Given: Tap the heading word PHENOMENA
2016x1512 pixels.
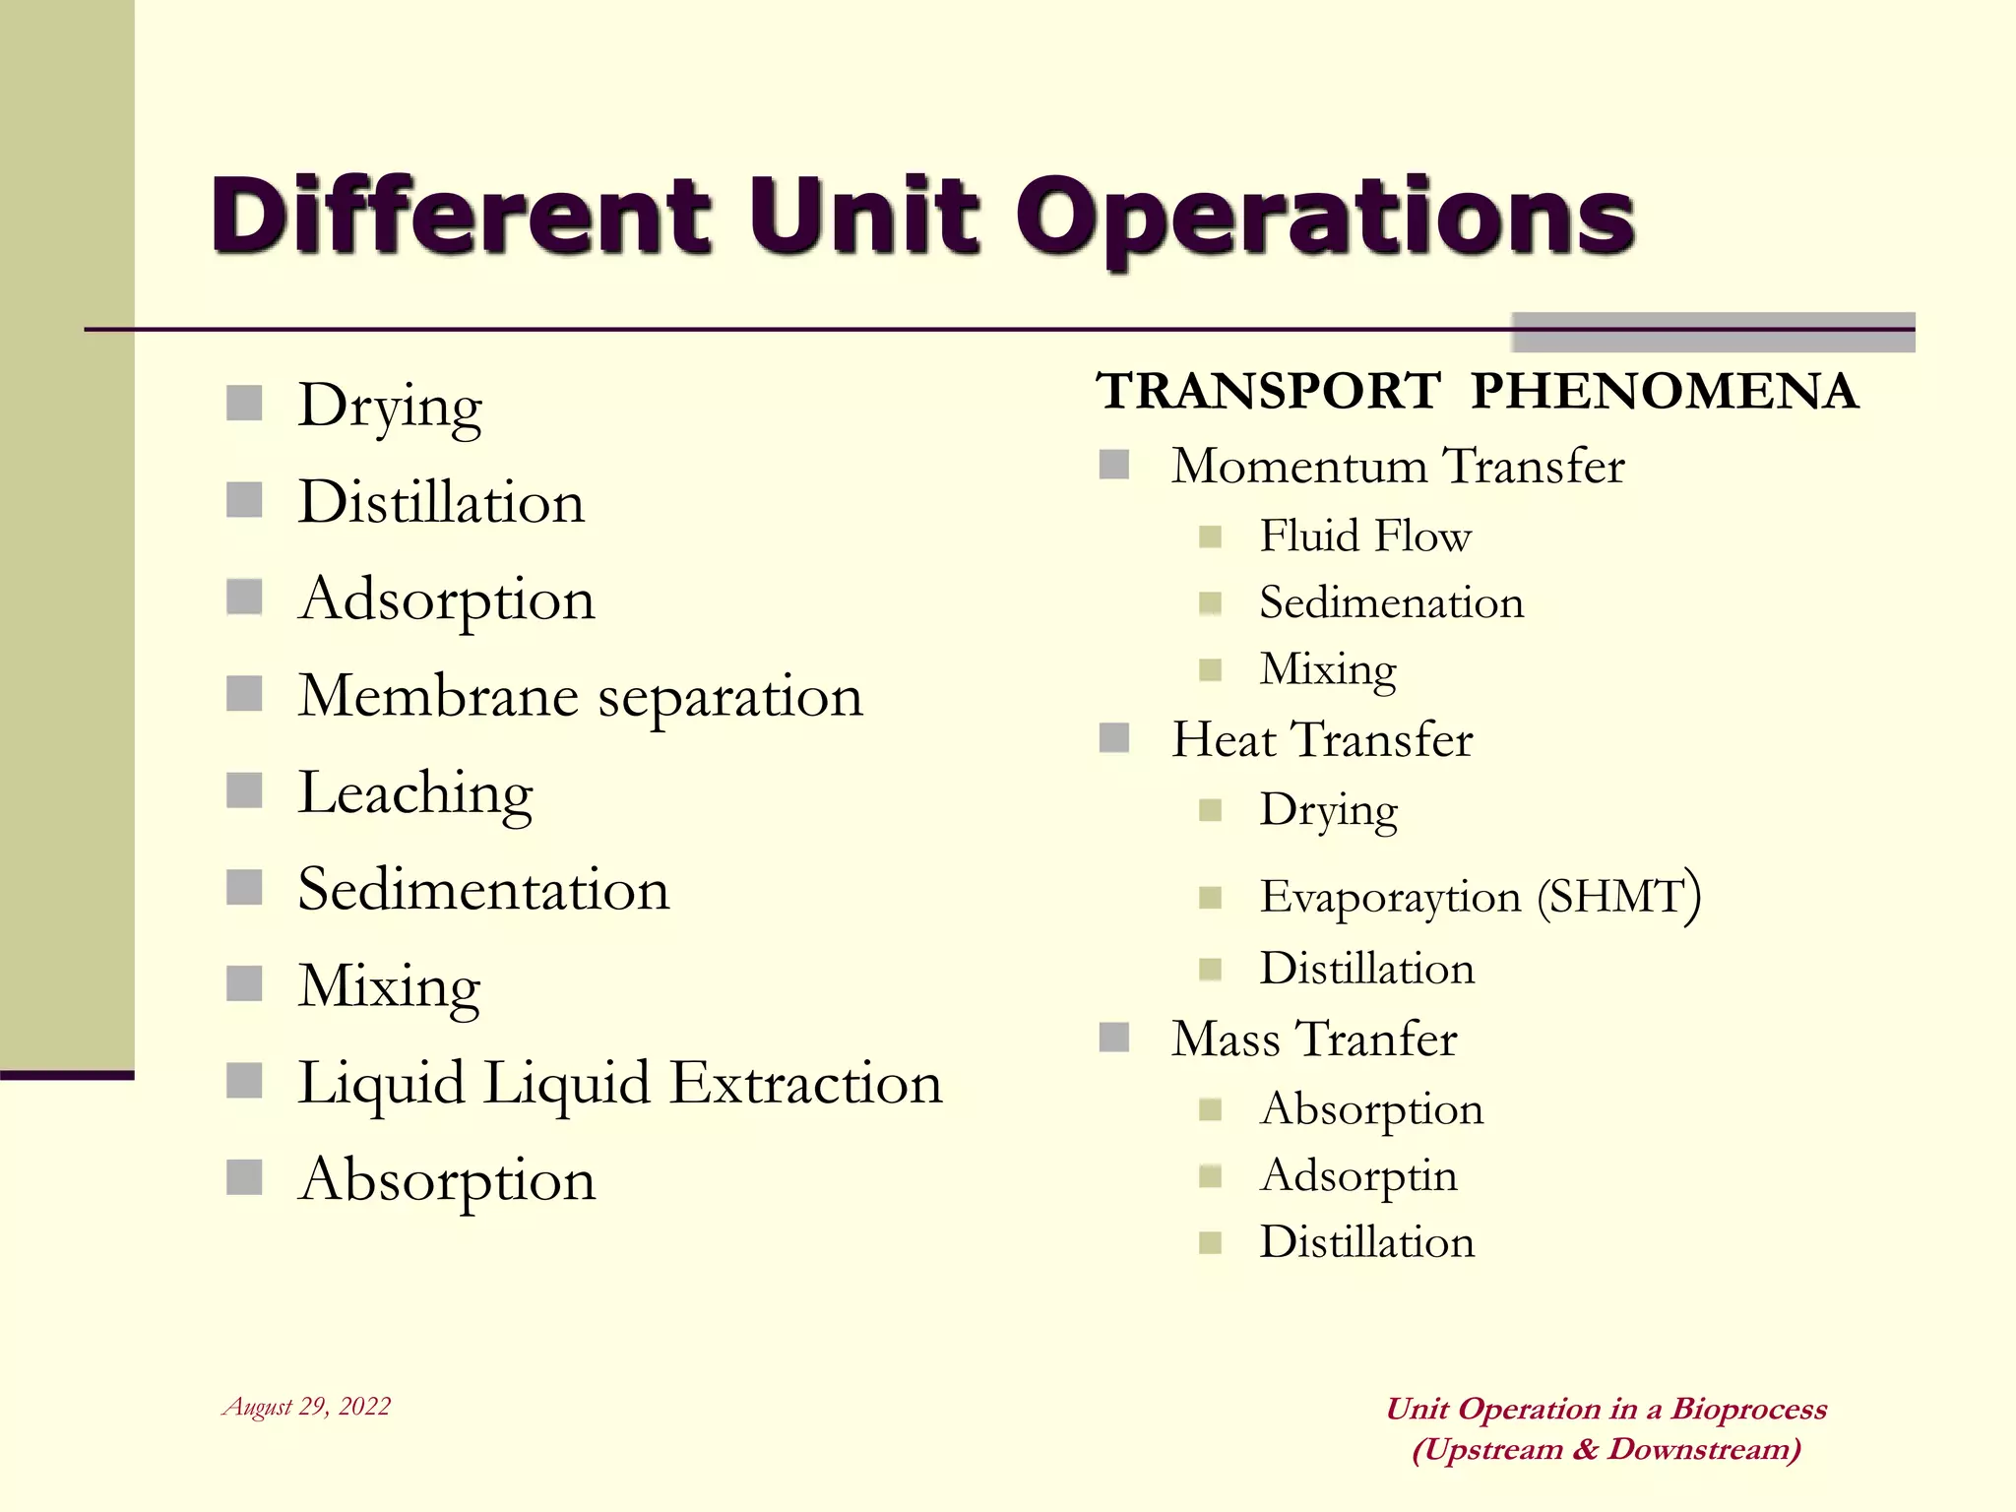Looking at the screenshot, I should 1664,391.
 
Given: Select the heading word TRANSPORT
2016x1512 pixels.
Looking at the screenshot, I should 1270,391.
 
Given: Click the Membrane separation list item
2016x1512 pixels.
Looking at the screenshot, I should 581,697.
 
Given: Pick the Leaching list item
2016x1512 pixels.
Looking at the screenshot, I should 415,793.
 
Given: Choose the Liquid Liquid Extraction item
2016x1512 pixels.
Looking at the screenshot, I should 620,1084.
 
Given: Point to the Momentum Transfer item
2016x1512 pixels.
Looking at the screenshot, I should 1398,466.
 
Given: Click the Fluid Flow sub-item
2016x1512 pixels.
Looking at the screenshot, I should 1365,536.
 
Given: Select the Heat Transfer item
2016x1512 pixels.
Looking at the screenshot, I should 1322,739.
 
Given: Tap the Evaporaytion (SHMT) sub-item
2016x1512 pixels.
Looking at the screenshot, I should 1480,897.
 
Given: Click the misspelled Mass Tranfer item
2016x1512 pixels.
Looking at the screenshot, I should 1314,1039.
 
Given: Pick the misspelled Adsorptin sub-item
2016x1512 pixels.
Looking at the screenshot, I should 1358,1175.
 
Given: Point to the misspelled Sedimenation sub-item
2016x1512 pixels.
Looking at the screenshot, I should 1392,602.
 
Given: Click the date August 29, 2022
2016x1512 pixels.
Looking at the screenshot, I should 307,1407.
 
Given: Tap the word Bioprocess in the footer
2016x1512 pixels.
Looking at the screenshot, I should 1749,1409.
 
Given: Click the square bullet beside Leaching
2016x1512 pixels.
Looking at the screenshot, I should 244,790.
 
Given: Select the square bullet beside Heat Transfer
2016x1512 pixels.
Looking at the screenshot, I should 1114,737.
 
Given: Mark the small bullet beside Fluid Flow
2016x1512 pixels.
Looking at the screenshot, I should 1211,536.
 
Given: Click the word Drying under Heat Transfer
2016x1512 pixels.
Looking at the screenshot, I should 1329,811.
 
